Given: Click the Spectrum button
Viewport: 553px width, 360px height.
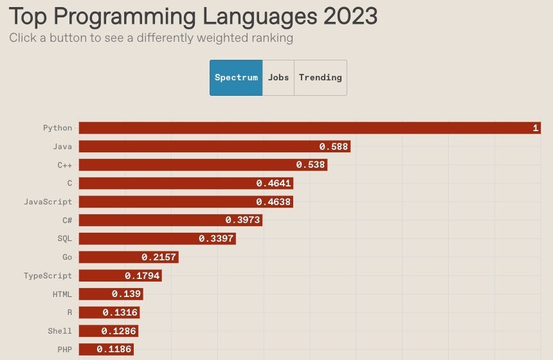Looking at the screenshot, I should [236, 78].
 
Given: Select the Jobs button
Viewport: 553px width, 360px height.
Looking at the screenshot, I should [278, 78].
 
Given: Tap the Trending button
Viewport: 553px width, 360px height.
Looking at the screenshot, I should [320, 78].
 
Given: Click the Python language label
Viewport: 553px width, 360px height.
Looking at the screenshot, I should [57, 128].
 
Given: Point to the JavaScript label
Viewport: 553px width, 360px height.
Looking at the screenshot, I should [48, 202].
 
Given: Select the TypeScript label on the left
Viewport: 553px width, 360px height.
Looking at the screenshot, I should [48, 276].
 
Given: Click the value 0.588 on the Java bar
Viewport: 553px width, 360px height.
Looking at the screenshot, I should [334, 147].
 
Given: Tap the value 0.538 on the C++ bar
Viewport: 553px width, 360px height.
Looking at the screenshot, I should [311, 165].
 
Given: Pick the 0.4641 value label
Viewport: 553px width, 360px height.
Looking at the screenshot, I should [274, 183].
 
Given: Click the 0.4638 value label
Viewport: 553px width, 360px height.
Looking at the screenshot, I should [273, 202].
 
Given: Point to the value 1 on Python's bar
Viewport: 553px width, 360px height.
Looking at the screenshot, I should [535, 128].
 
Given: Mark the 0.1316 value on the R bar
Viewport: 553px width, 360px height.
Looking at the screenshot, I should [120, 312].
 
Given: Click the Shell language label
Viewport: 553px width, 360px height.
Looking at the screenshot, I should [60, 331].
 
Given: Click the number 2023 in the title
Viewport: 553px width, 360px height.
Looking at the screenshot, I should [350, 16].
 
